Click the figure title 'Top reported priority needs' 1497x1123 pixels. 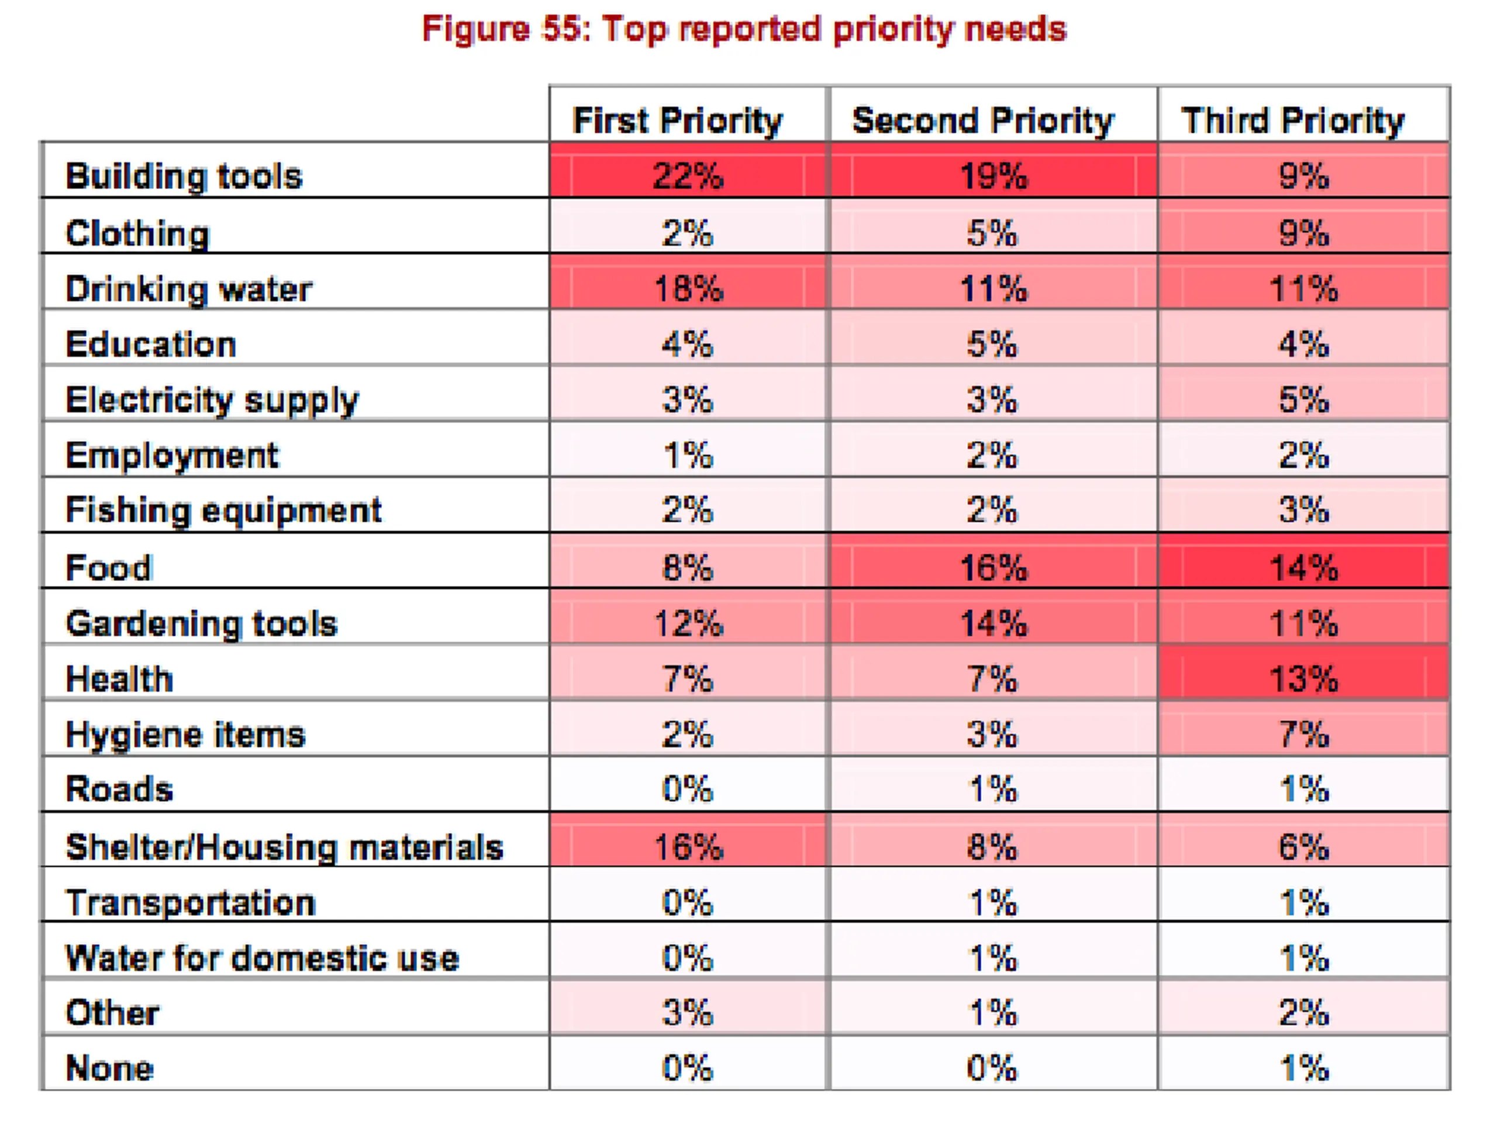(x=744, y=30)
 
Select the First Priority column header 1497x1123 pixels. (x=677, y=121)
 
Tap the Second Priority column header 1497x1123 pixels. (x=982, y=121)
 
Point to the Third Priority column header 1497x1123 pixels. (x=1292, y=121)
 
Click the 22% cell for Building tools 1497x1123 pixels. (x=688, y=176)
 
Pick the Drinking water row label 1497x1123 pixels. (x=189, y=289)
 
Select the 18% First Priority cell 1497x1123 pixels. (x=688, y=289)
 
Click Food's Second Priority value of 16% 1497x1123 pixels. (x=993, y=567)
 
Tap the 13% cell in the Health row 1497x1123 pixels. (x=1303, y=678)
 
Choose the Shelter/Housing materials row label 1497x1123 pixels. (x=284, y=847)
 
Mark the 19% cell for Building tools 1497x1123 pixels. (x=993, y=176)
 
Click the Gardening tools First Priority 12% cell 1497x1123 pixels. (x=688, y=623)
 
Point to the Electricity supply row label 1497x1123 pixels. (x=212, y=400)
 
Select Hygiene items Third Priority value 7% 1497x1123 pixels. (x=1303, y=735)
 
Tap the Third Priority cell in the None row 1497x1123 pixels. (x=1303, y=1068)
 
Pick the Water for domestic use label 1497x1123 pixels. (x=262, y=958)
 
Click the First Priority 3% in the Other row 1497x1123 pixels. (x=688, y=1012)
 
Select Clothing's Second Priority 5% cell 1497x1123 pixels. (x=993, y=233)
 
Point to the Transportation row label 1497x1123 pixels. (x=190, y=902)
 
